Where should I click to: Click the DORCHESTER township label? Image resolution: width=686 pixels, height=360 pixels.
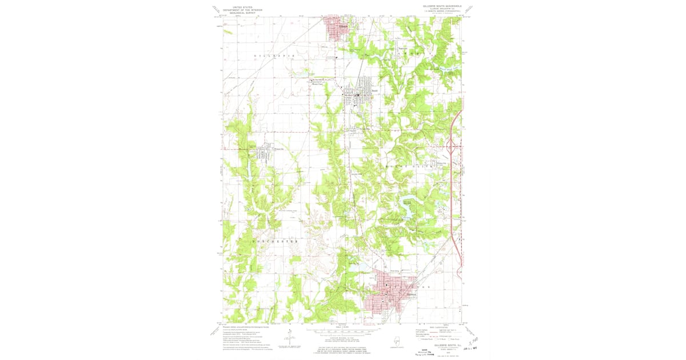(x=275, y=242)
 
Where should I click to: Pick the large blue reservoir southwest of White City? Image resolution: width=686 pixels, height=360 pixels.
(x=407, y=218)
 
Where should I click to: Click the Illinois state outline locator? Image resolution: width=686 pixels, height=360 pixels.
(x=397, y=341)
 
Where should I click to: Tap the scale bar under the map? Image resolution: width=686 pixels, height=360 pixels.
(x=341, y=331)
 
